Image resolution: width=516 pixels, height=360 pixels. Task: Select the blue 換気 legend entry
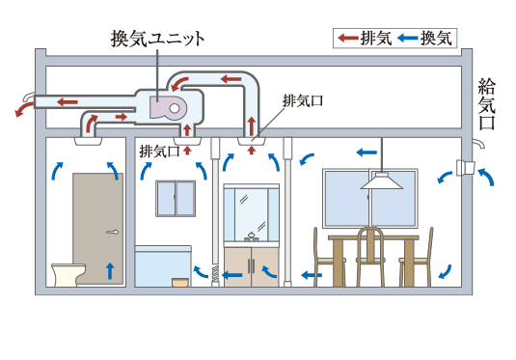(423, 38)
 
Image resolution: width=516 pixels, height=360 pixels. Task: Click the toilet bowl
(66, 275)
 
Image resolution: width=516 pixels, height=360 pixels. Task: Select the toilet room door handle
(114, 234)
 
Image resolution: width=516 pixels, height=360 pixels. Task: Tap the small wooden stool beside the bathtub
(178, 284)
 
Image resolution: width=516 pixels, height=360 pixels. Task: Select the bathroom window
(175, 199)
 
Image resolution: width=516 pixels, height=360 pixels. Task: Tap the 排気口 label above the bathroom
(159, 151)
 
